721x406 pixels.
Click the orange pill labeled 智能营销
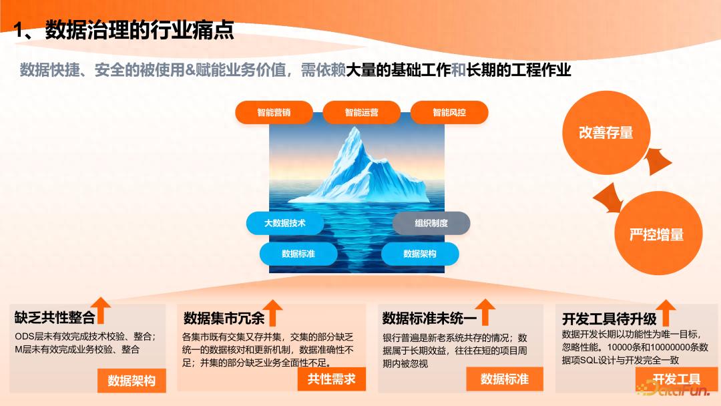[x=274, y=112]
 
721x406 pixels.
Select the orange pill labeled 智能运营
[x=361, y=112]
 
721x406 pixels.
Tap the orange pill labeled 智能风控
[x=449, y=112]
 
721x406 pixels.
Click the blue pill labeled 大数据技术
[x=284, y=223]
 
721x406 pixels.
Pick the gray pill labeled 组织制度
[x=431, y=223]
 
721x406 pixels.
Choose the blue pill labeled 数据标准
[x=298, y=254]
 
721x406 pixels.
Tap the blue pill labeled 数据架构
[x=420, y=254]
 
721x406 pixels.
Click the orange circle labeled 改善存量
[x=606, y=132]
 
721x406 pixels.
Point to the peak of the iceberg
[x=354, y=128]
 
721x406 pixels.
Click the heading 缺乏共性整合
[x=55, y=317]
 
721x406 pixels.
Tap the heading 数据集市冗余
[x=224, y=318]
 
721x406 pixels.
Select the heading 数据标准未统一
[x=429, y=318]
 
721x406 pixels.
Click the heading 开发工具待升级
[x=610, y=319]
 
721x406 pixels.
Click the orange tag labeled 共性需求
[x=332, y=379]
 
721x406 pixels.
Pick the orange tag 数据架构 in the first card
[x=132, y=381]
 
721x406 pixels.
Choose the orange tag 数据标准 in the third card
[x=505, y=379]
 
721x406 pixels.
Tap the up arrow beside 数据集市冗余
[x=272, y=313]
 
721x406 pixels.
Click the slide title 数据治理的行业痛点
[x=140, y=30]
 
